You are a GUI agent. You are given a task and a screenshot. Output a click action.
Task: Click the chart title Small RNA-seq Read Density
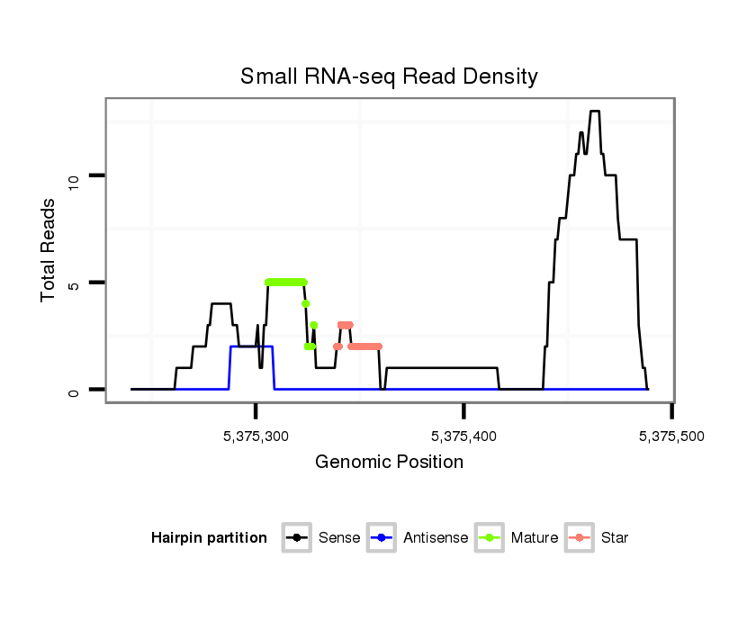point(389,76)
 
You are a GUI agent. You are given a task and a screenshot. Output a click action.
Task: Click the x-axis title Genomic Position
point(389,463)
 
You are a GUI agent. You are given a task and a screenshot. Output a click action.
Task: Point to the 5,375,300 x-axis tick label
point(256,436)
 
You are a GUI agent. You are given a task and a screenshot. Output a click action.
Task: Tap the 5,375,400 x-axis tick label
point(463,436)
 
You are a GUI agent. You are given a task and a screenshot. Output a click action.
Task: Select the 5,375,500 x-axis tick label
point(671,436)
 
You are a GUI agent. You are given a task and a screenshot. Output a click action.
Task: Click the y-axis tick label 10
point(76,176)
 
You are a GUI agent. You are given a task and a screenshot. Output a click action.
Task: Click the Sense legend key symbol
point(297,538)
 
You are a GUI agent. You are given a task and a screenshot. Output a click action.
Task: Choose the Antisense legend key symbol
point(382,538)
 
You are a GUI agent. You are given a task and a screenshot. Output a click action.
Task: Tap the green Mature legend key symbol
point(490,538)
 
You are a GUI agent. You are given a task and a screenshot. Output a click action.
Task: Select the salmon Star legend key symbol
point(580,538)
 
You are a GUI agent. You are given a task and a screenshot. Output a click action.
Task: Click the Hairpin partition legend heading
point(209,538)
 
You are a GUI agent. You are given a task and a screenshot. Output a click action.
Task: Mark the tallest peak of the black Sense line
point(594,112)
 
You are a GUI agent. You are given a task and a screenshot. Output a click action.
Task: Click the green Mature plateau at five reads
point(286,282)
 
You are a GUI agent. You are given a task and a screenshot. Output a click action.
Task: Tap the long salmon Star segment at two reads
point(364,346)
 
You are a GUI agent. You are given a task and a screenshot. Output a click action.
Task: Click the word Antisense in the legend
point(436,538)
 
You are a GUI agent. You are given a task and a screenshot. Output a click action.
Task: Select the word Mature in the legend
point(535,538)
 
